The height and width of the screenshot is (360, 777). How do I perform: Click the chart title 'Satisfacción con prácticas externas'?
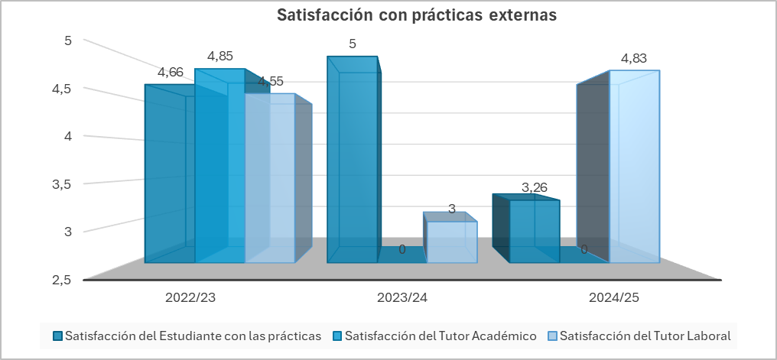(416, 15)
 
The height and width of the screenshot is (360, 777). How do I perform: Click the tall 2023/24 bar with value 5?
(352, 161)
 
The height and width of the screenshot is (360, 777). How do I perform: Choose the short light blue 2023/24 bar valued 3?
(451, 242)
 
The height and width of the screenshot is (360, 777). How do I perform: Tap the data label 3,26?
(535, 187)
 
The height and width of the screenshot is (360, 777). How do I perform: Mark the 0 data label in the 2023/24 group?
(402, 249)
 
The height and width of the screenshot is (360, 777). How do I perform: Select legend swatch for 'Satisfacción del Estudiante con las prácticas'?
(57, 336)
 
